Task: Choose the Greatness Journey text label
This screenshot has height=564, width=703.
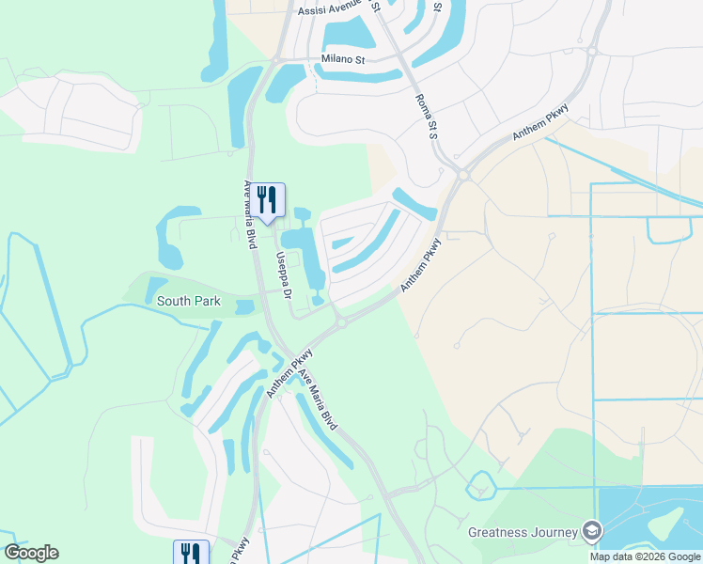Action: pos(523,532)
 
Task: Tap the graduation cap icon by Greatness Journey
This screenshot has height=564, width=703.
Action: pos(592,531)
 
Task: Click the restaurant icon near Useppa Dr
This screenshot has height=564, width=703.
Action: pos(269,199)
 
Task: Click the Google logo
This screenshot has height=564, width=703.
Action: pos(31,553)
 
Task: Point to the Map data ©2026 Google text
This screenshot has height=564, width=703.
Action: pos(645,556)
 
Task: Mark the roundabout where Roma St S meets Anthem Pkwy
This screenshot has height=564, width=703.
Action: pos(463,174)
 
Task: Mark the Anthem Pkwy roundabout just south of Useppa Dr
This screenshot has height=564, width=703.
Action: pos(341,323)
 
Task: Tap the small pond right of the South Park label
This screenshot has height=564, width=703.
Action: pos(244,306)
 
